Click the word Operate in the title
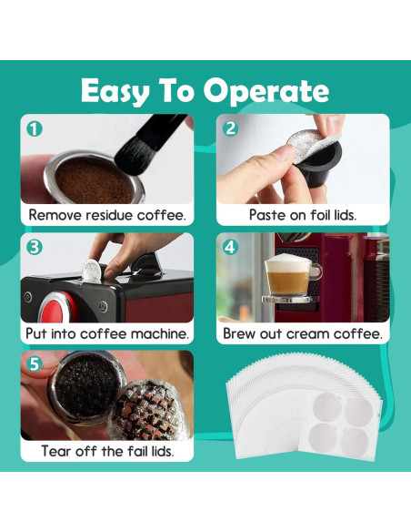[266, 92]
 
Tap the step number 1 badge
[35, 129]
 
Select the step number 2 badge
[230, 128]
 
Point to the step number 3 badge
[35, 248]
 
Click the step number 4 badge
[230, 247]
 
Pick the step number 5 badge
[35, 364]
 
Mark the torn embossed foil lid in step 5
[148, 410]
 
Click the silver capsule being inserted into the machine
[92, 271]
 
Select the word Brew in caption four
[239, 333]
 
